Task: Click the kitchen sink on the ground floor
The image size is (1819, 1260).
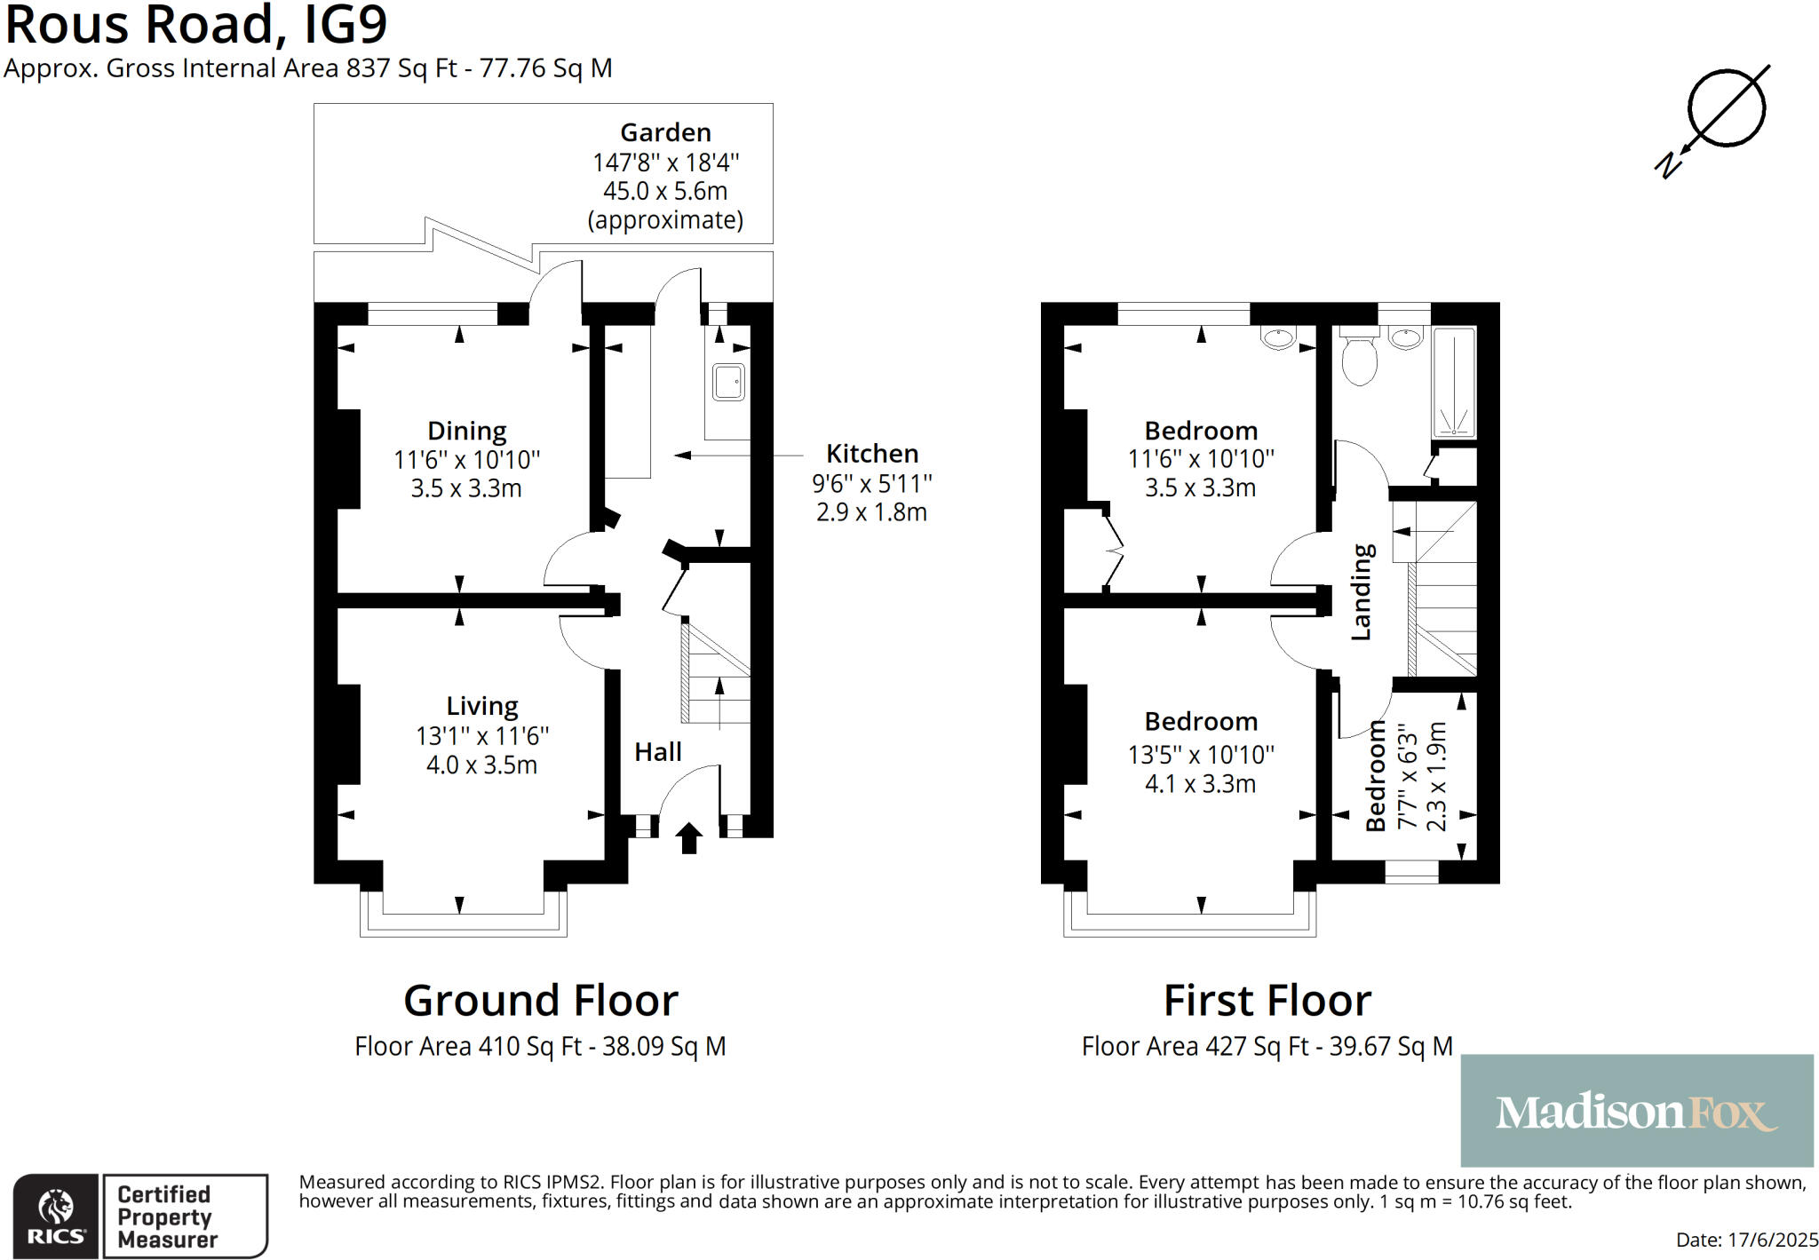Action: click(x=728, y=383)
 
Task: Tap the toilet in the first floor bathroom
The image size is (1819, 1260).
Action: click(x=1359, y=360)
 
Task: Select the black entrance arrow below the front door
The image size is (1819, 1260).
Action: click(x=689, y=838)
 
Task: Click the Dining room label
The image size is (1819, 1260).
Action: click(x=467, y=431)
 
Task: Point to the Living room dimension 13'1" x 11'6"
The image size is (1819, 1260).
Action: click(x=482, y=736)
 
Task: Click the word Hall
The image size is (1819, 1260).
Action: click(x=657, y=752)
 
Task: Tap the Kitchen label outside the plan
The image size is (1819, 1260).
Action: click(x=872, y=454)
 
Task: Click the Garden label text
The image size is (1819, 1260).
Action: click(x=665, y=132)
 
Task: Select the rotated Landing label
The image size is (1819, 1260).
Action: click(x=1362, y=592)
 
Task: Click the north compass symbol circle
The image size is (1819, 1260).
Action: click(x=1726, y=107)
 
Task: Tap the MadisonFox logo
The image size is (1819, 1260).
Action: click(x=1636, y=1111)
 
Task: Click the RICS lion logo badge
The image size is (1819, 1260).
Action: click(x=56, y=1216)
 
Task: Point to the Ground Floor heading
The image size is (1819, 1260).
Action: click(x=540, y=1001)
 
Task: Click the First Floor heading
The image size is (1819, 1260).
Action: click(x=1267, y=1001)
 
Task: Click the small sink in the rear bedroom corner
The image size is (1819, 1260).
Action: click(x=1279, y=337)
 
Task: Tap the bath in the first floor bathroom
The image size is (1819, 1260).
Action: click(x=1454, y=382)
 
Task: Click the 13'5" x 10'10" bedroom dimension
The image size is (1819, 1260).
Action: click(x=1201, y=755)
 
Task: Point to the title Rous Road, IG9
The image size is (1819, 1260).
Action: click(x=196, y=25)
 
